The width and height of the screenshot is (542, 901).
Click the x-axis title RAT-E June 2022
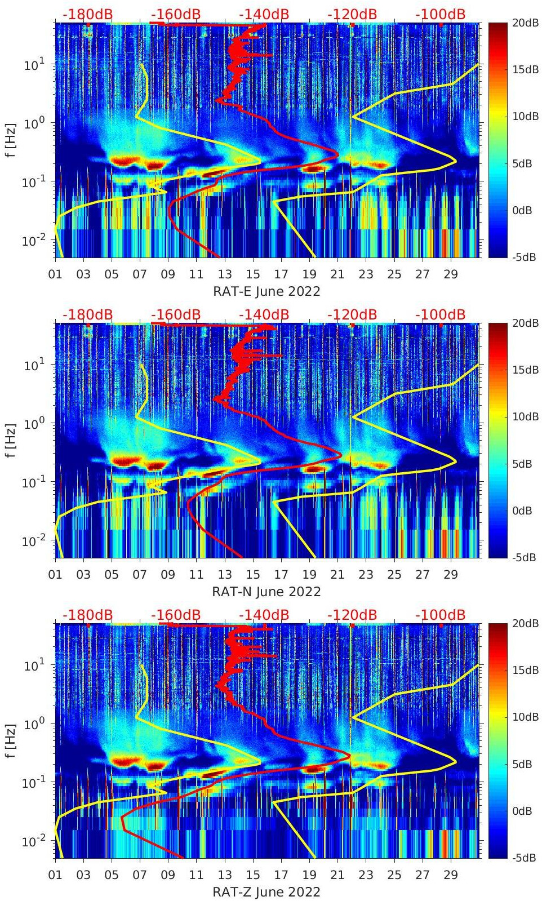[266, 291]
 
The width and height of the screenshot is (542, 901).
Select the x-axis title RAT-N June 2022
[266, 592]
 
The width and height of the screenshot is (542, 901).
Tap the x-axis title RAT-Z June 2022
[266, 892]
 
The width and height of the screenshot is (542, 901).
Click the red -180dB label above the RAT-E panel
[87, 14]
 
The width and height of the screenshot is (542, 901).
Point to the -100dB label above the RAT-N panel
[441, 314]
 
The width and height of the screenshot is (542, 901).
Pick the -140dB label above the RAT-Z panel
[264, 615]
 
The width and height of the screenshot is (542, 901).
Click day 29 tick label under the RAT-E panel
[451, 274]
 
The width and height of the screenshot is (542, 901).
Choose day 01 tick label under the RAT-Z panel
[55, 875]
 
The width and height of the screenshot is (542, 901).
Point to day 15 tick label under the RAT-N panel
[253, 575]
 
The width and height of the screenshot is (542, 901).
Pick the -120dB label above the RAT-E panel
[352, 14]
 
